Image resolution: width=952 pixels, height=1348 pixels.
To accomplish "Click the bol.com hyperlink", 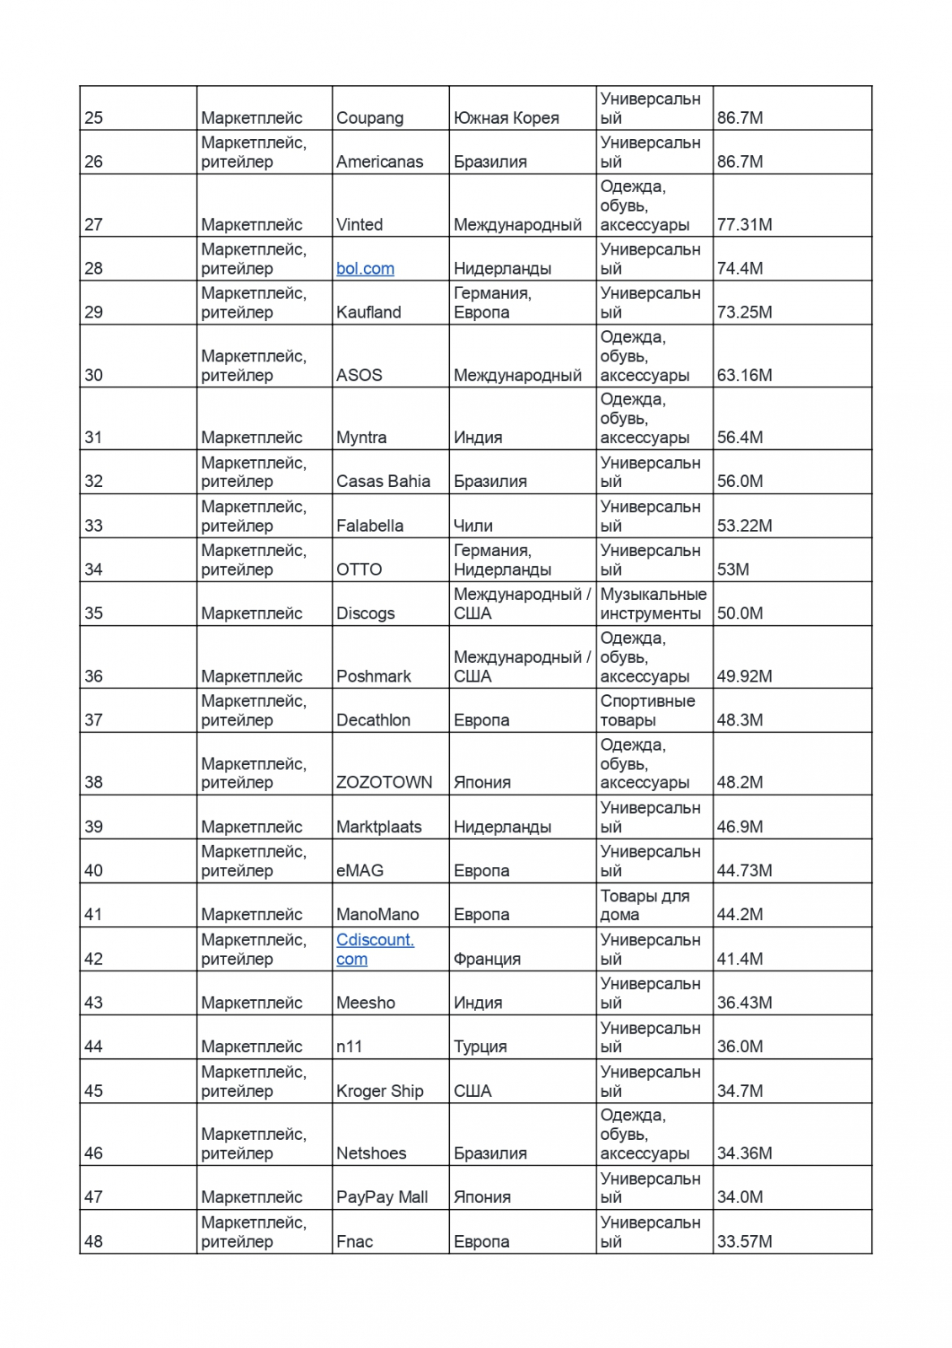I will pyautogui.click(x=365, y=269).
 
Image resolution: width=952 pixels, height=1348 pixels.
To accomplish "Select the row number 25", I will pyautogui.click(x=94, y=118).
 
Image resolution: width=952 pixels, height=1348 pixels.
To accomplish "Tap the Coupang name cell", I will pyautogui.click(x=370, y=118).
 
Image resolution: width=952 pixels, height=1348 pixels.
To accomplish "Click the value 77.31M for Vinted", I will pyautogui.click(x=744, y=225).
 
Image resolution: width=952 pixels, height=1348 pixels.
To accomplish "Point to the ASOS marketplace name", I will pyautogui.click(x=359, y=375).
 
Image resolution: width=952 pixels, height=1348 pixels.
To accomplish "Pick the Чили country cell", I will pyautogui.click(x=473, y=526).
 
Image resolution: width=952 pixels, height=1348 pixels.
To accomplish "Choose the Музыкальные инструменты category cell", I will pyautogui.click(x=653, y=604).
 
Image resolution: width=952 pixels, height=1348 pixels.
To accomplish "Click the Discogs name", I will pyautogui.click(x=365, y=613).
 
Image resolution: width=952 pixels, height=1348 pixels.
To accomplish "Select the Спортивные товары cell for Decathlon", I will pyautogui.click(x=647, y=710).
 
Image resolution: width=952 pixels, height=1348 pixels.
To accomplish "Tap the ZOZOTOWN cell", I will pyautogui.click(x=384, y=783).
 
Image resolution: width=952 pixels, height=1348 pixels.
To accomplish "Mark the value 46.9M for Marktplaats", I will pyautogui.click(x=740, y=826).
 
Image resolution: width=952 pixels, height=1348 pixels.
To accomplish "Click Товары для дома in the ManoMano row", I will pyautogui.click(x=644, y=905).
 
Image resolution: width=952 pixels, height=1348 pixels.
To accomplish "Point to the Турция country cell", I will pyautogui.click(x=480, y=1046).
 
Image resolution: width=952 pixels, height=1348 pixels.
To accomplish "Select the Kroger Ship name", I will pyautogui.click(x=380, y=1091).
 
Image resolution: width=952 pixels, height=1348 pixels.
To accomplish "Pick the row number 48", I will pyautogui.click(x=94, y=1241).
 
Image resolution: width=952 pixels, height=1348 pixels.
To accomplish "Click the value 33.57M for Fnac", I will pyautogui.click(x=744, y=1241).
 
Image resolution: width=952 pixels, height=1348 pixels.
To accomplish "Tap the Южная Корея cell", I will pyautogui.click(x=506, y=118).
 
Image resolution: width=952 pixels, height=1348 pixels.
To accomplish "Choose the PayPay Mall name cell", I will pyautogui.click(x=382, y=1197).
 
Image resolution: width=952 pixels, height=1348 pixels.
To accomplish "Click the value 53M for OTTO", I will pyautogui.click(x=733, y=570).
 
